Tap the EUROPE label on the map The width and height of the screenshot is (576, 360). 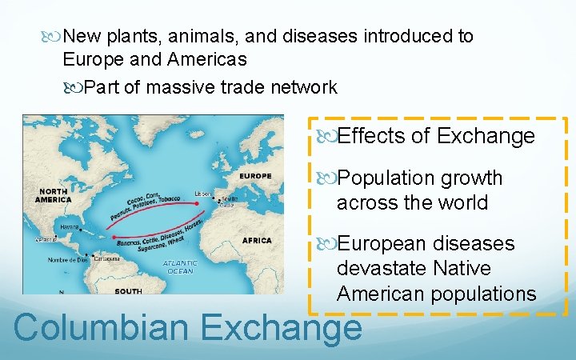(x=255, y=176)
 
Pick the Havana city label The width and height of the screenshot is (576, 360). (x=70, y=226)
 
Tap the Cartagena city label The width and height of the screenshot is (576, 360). (x=105, y=258)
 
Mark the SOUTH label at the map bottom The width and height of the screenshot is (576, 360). (x=128, y=291)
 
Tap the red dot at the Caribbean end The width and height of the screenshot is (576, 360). (x=114, y=237)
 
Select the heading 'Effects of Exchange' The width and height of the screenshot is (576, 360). (x=436, y=136)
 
